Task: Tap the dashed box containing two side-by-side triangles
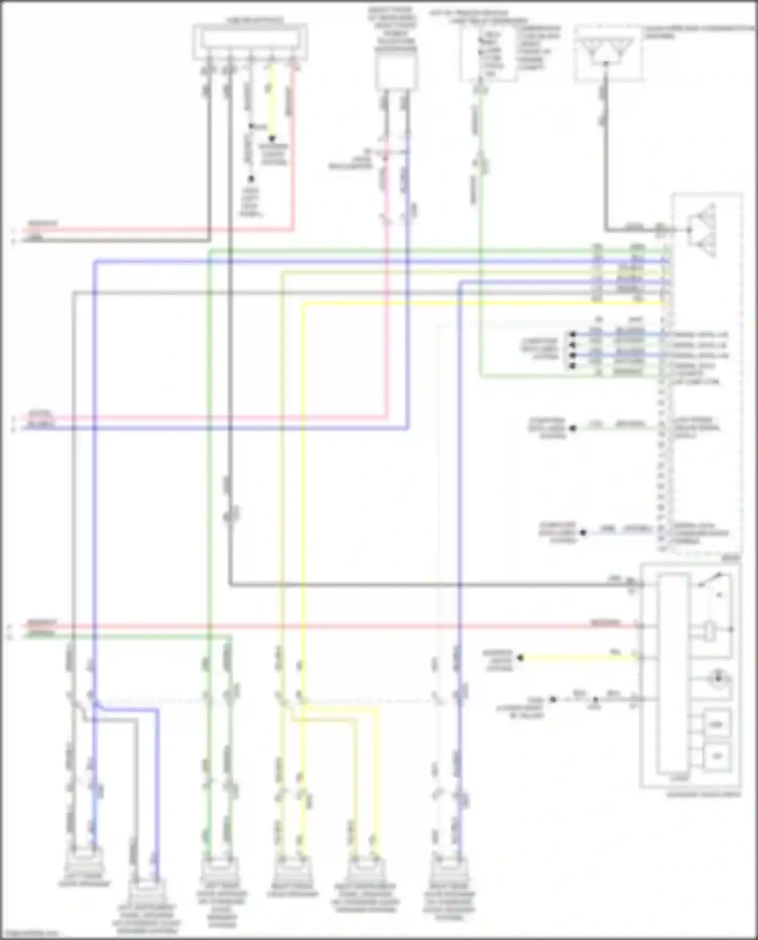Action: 608,54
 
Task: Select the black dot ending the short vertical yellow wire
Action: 272,137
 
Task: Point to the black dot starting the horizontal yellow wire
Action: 520,658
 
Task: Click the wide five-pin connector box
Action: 250,41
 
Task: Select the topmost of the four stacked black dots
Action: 573,334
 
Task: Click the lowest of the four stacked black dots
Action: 573,365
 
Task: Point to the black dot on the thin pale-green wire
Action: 573,428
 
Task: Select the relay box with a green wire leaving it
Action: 488,54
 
